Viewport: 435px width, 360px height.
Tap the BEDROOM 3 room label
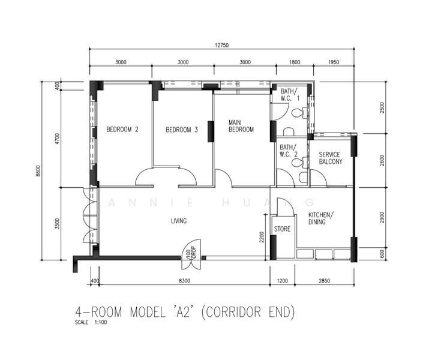pos(182,130)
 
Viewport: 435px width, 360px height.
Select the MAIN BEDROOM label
pos(241,126)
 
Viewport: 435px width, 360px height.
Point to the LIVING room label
pos(178,221)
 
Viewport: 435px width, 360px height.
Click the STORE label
pos(282,229)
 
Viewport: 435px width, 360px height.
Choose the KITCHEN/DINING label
pos(321,218)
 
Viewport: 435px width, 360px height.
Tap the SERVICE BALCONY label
pos(331,158)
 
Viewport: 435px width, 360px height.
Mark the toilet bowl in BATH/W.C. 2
pos(295,163)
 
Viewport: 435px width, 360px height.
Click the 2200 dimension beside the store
pos(262,239)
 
